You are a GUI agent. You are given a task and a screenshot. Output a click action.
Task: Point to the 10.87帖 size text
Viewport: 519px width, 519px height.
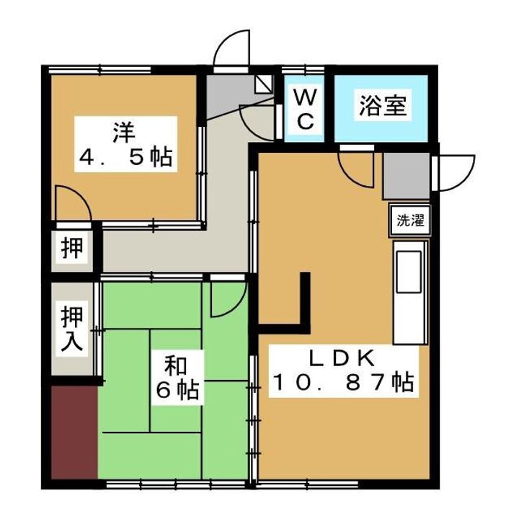click(x=342, y=383)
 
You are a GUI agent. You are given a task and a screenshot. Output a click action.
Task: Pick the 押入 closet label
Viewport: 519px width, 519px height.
click(x=72, y=329)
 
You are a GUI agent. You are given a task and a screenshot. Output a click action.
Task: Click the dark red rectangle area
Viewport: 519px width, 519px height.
click(x=74, y=431)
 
